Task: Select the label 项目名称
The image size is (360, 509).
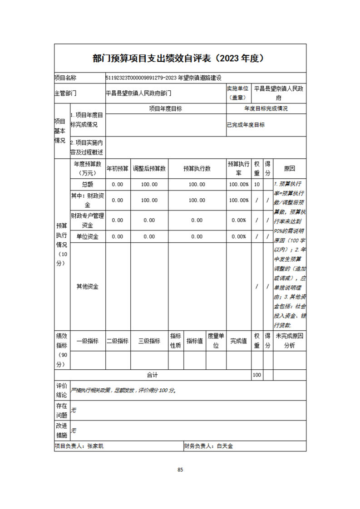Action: [x=65, y=78]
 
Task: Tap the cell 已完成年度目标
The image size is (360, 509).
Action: [x=246, y=125]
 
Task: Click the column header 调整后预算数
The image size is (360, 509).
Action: [x=149, y=168]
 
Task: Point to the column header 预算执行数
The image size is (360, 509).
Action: [x=197, y=168]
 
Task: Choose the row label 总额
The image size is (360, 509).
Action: [x=87, y=185]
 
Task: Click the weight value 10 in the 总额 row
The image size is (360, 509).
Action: [x=257, y=185]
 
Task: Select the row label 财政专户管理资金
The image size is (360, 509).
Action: [x=87, y=220]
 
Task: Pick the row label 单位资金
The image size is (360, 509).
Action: [x=87, y=236]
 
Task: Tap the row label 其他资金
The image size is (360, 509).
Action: [x=87, y=287]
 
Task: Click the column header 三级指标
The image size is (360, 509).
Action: [x=149, y=341]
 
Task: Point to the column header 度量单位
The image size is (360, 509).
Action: [x=216, y=341]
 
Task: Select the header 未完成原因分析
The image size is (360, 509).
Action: [x=289, y=341]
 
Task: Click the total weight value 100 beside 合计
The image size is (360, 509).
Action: [x=257, y=375]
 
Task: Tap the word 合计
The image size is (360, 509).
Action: [x=152, y=375]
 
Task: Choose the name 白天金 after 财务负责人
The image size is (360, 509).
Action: [x=225, y=446]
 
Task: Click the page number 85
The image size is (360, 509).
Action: [x=180, y=470]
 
